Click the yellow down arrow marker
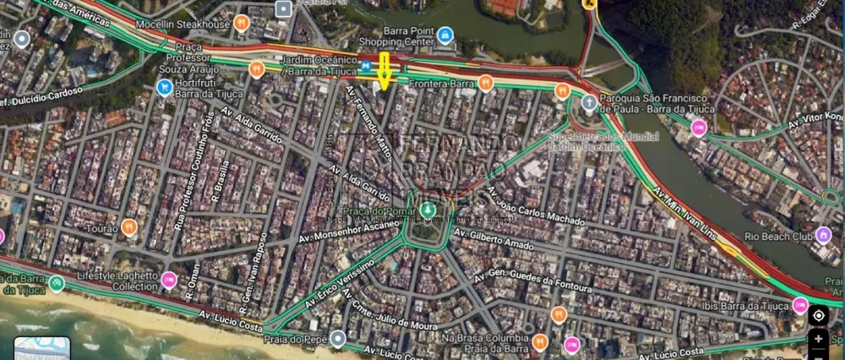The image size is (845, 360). click(x=384, y=70)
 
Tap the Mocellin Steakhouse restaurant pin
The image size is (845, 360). click(x=241, y=23)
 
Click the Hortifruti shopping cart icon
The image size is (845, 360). click(x=164, y=87)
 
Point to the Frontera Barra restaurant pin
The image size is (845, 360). click(x=485, y=82)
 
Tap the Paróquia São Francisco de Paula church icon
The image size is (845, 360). click(x=589, y=102)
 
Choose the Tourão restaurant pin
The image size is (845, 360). click(x=128, y=226)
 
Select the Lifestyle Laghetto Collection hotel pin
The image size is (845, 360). click(x=169, y=279)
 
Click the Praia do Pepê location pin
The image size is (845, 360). click(x=338, y=339)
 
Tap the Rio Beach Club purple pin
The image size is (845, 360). click(x=823, y=235)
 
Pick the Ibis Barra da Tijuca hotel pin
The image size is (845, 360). click(x=800, y=305)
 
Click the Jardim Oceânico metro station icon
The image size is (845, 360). click(x=366, y=65)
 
